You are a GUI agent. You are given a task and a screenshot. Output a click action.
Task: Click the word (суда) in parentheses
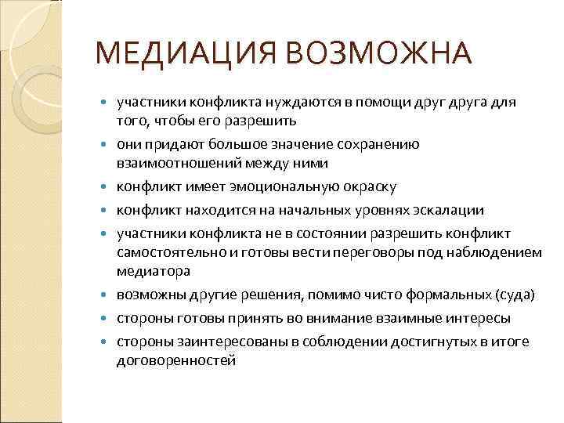(515, 295)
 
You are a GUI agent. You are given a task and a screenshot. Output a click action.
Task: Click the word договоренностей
(175, 360)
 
